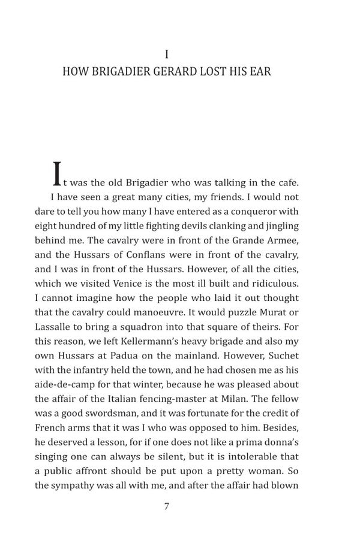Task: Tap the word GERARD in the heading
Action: coord(183,72)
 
